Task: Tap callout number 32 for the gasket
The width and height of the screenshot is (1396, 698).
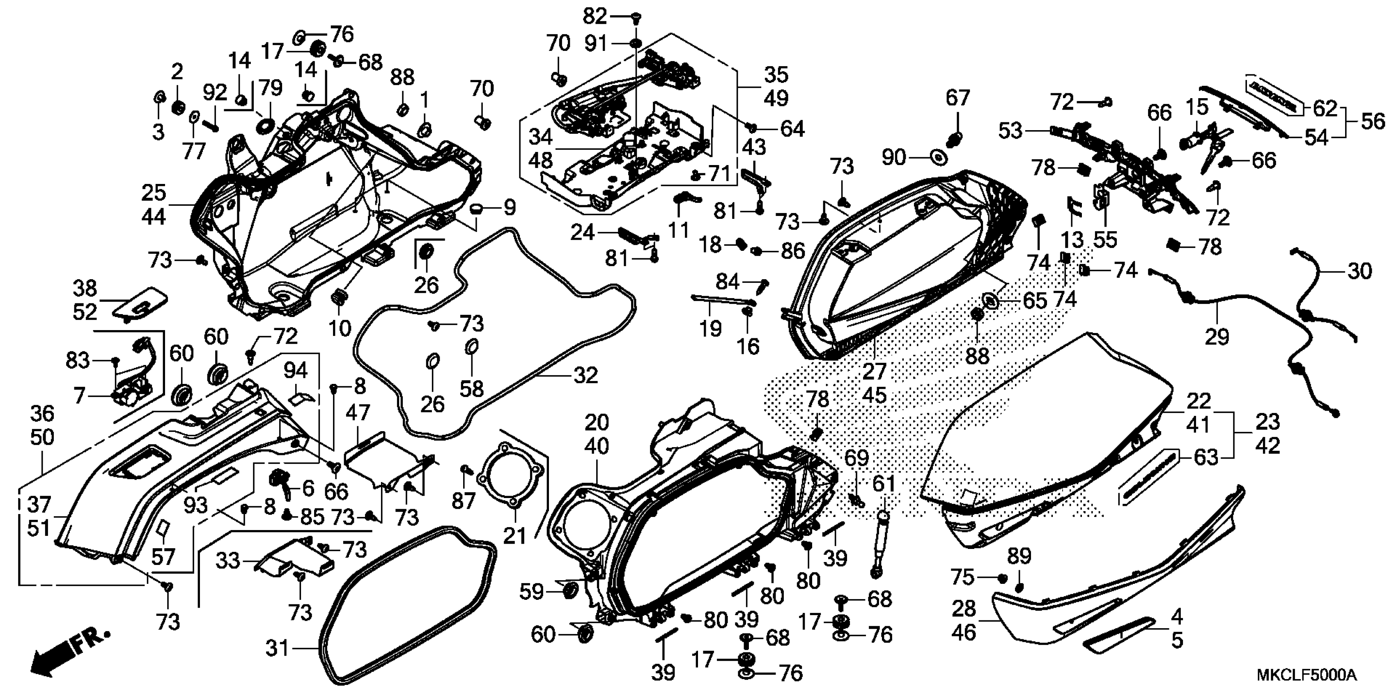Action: [585, 375]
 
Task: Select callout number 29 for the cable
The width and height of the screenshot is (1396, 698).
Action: [1217, 337]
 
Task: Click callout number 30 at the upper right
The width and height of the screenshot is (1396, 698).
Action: [1359, 271]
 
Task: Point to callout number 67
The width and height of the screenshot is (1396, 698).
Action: [957, 98]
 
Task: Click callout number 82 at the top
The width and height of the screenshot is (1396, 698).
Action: [595, 17]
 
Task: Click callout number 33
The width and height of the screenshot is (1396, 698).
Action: [227, 560]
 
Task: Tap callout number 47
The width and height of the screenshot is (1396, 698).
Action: [357, 413]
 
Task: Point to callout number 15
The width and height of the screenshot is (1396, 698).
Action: [1196, 107]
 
